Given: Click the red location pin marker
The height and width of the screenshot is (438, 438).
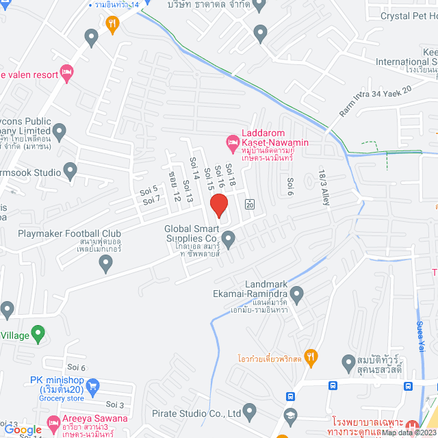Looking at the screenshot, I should point(218,205).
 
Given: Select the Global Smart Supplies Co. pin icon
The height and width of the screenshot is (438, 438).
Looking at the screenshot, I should point(229,239).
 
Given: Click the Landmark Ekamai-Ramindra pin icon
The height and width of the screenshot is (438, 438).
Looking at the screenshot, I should point(297,296).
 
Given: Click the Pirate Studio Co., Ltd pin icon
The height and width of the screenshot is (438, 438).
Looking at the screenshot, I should point(249,413).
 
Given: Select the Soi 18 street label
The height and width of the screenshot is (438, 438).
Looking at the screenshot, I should point(231,177).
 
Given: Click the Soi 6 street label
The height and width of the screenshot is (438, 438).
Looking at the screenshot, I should point(291,184).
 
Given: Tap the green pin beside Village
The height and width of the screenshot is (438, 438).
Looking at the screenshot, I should point(38,335).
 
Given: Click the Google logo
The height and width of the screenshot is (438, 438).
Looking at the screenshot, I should point(23,430).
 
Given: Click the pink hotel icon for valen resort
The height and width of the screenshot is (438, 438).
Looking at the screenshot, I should point(66,72).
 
